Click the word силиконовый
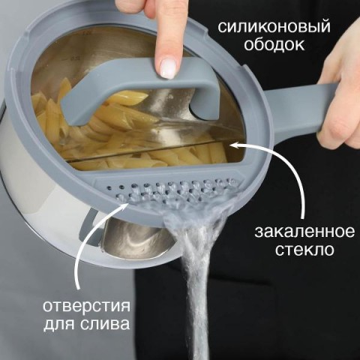[274, 27]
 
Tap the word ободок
[274, 45]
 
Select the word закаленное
[304, 232]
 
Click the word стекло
[304, 250]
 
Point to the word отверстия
[86, 306]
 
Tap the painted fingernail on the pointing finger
[169, 67]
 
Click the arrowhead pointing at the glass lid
[235, 145]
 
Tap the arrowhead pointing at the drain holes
[125, 205]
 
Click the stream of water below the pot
[197, 275]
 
